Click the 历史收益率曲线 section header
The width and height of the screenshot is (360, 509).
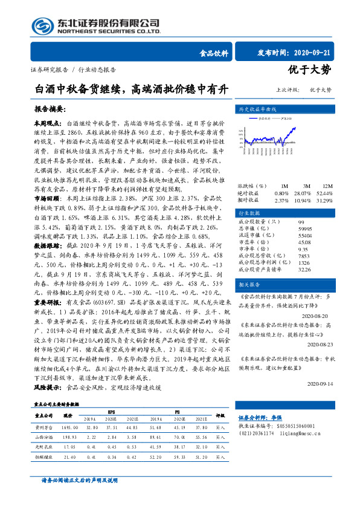(259, 109)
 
